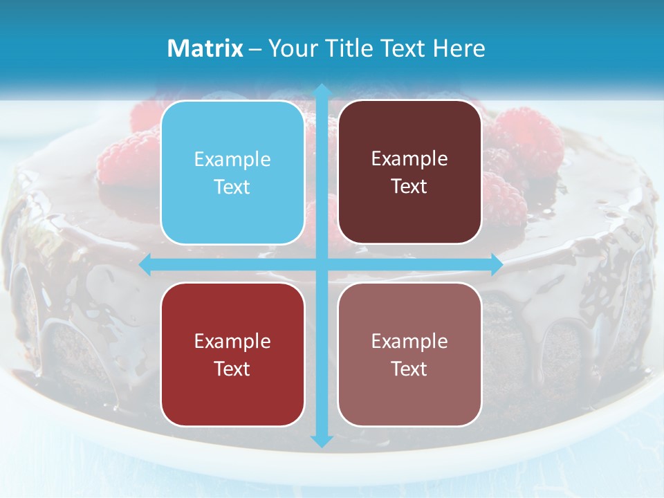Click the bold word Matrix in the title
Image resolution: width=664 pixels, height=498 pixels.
pyautogui.click(x=205, y=48)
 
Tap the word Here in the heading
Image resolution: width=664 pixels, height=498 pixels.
pyautogui.click(x=459, y=48)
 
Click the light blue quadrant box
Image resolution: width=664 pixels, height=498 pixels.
pyautogui.click(x=232, y=172)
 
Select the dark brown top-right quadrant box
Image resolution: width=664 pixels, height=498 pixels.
pyautogui.click(x=409, y=172)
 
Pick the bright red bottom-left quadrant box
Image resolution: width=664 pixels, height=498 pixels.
pyautogui.click(x=232, y=354)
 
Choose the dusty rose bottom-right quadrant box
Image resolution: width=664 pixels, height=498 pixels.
pyautogui.click(x=409, y=354)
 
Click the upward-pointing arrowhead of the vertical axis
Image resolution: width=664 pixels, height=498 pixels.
pyautogui.click(x=322, y=90)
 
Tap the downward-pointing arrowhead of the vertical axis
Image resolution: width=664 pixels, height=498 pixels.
pyautogui.click(x=322, y=441)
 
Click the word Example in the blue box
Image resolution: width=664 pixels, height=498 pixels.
pyautogui.click(x=232, y=159)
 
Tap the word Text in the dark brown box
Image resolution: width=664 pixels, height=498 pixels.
pyautogui.click(x=409, y=187)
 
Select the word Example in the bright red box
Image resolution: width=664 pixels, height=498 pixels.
pyautogui.click(x=232, y=341)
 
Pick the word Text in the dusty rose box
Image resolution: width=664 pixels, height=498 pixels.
pyautogui.click(x=409, y=369)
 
